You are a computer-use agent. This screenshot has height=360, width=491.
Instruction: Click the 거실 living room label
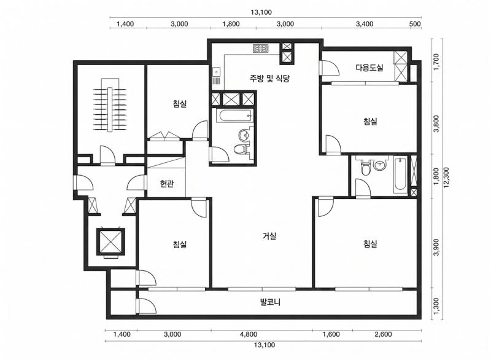[269, 236]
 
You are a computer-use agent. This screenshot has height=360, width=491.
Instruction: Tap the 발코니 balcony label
[270, 302]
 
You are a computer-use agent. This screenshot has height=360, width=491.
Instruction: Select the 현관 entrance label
[167, 184]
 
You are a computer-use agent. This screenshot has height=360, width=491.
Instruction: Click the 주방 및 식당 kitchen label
[269, 79]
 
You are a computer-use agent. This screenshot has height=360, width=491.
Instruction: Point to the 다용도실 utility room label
[369, 68]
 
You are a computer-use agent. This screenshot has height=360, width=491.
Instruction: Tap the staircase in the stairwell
[110, 104]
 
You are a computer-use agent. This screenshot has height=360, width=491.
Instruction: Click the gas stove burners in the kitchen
[261, 49]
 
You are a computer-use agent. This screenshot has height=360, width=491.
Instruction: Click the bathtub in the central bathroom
[234, 116]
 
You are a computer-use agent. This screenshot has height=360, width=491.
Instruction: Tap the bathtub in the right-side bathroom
[401, 176]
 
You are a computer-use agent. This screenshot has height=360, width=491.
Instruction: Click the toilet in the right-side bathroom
[365, 168]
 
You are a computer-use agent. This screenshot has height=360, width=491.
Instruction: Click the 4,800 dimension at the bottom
[249, 334]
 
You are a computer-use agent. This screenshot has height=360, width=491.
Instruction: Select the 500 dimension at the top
[416, 24]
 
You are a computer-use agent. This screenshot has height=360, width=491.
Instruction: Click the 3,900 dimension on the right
[436, 247]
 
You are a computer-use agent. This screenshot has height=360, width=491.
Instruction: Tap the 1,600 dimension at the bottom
[331, 334]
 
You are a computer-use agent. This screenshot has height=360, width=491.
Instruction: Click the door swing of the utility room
[330, 68]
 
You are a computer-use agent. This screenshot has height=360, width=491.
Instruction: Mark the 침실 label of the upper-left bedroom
[180, 103]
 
